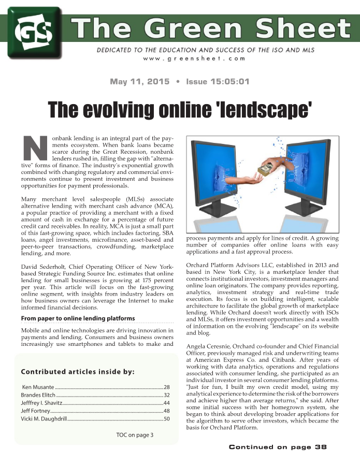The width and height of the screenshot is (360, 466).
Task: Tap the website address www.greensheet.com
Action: pyautogui.click(x=194, y=59)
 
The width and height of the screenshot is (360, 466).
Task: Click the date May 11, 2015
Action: pyautogui.click(x=139, y=82)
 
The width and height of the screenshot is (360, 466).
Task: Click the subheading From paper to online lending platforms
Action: pyautogui.click(x=78, y=318)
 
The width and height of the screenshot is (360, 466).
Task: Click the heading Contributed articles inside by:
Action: pyautogui.click(x=78, y=371)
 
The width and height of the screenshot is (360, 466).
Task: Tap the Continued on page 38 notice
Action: pyautogui.click(x=278, y=447)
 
